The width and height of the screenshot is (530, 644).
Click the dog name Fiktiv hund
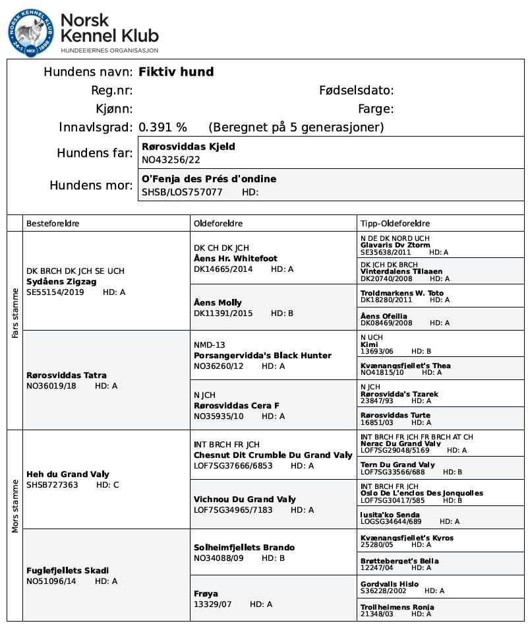point(176,72)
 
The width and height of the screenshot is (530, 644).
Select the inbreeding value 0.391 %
point(162,127)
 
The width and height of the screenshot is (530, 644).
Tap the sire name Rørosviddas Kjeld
point(189,146)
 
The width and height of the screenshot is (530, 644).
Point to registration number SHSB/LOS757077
point(182,192)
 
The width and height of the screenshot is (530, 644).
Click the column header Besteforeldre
point(53,224)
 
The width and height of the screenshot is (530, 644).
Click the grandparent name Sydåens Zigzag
point(61,281)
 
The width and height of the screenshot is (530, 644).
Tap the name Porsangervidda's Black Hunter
point(262,356)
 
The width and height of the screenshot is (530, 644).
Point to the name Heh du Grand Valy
point(68,474)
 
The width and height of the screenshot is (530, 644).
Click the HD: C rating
point(107,485)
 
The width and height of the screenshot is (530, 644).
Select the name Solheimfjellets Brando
point(244,548)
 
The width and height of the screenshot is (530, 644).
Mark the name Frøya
point(206,594)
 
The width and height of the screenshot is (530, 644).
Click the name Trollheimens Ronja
point(397,607)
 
